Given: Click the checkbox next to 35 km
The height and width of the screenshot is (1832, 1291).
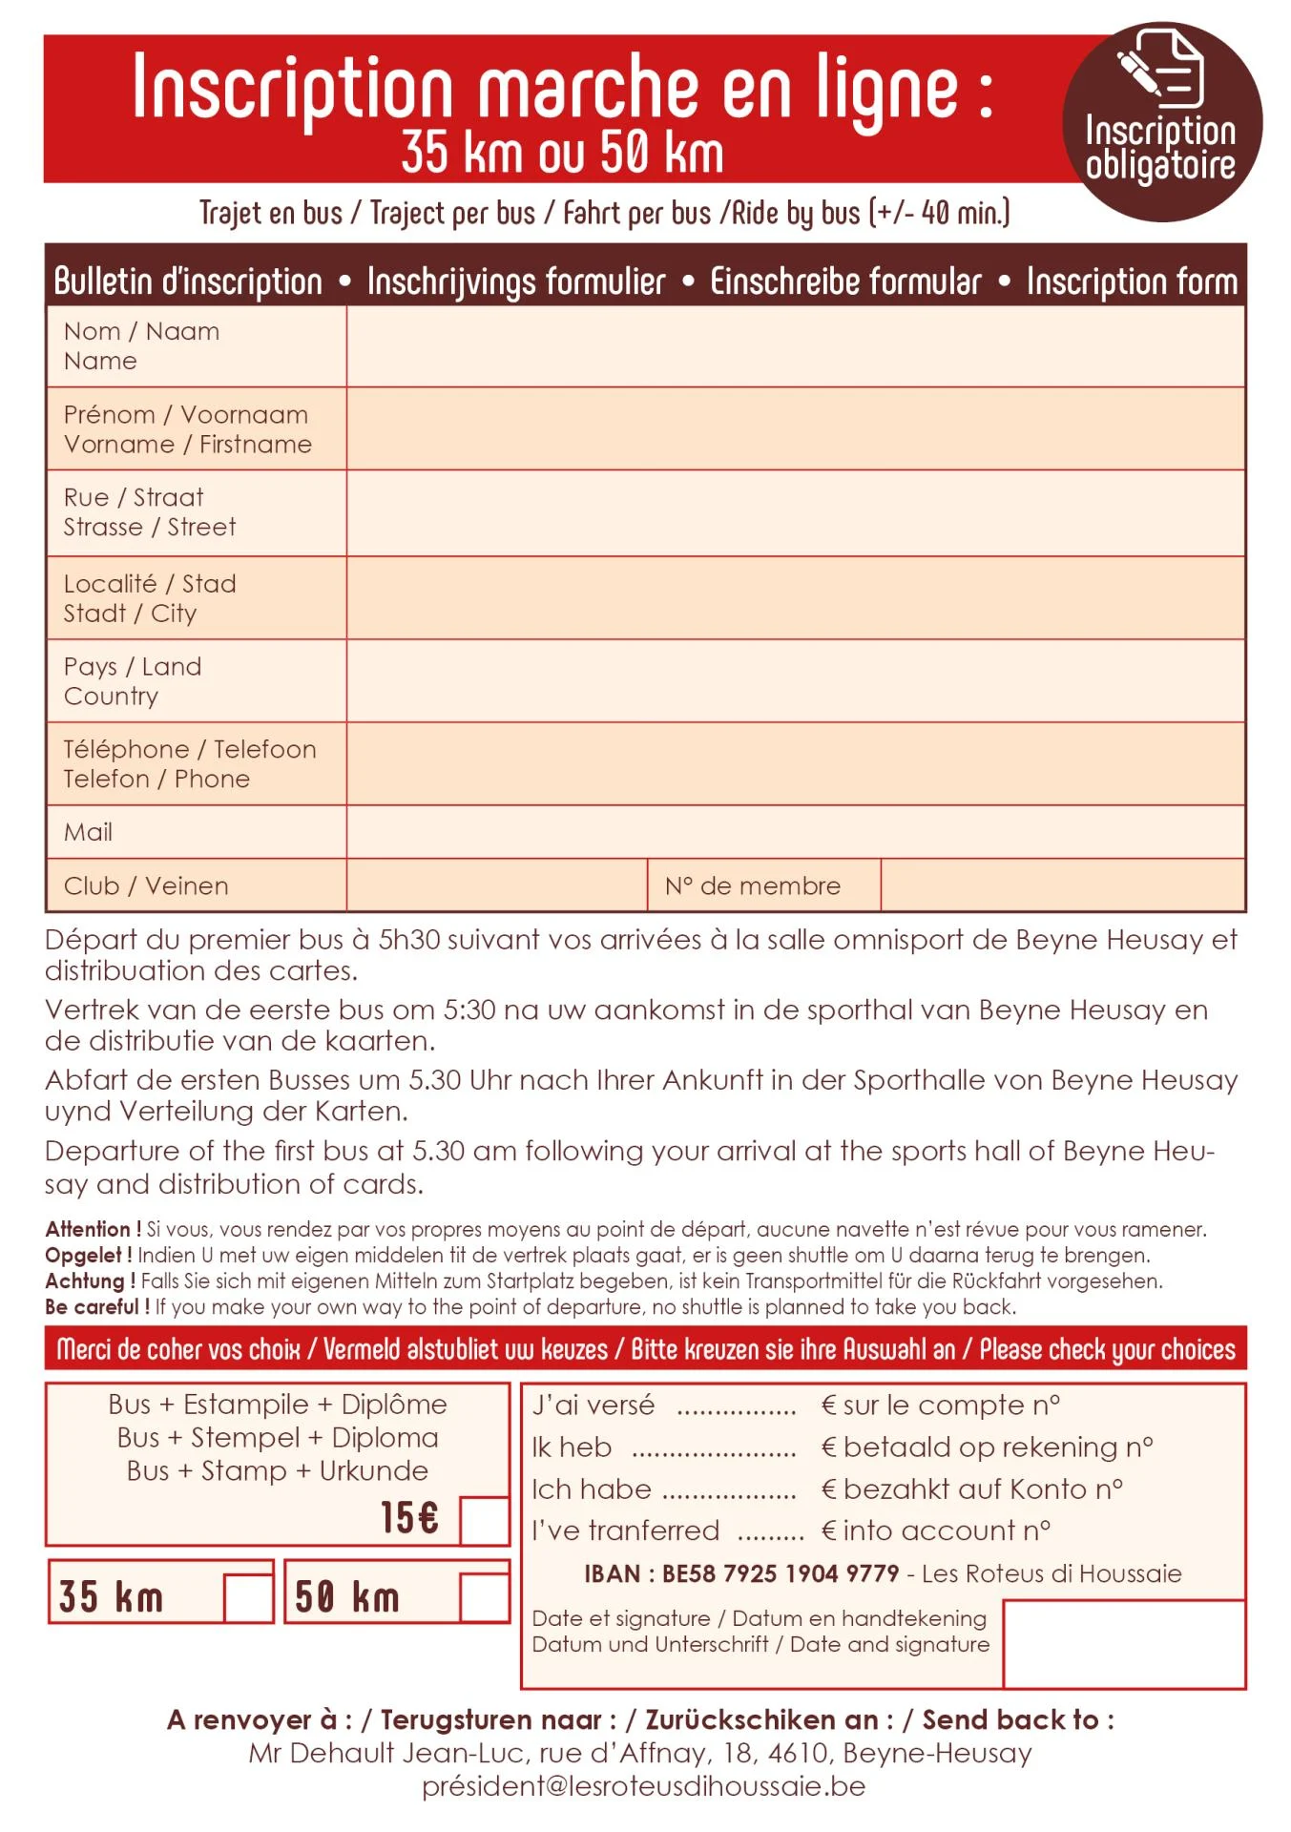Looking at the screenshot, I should pyautogui.click(x=248, y=1597).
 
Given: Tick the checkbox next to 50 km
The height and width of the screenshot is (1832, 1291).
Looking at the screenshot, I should pyautogui.click(x=484, y=1597).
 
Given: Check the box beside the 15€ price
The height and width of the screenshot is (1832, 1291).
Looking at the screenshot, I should pyautogui.click(x=484, y=1520).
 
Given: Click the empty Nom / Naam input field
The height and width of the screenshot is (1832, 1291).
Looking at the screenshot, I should pyautogui.click(x=795, y=345).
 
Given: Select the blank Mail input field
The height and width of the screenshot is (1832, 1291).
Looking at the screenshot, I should pyautogui.click(x=795, y=832).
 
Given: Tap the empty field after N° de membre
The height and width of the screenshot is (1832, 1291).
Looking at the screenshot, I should pyautogui.click(x=1062, y=885).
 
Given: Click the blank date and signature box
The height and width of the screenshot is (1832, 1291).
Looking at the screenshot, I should pyautogui.click(x=1124, y=1643).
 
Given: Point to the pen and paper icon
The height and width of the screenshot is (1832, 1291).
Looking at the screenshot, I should pyautogui.click(x=1160, y=67).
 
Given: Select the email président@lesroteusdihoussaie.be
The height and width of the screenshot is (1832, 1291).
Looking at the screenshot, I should pyautogui.click(x=643, y=1786).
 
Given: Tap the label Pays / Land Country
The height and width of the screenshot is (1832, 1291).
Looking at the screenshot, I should pyautogui.click(x=133, y=681).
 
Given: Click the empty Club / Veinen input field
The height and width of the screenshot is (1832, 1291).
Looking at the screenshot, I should pyautogui.click(x=496, y=885).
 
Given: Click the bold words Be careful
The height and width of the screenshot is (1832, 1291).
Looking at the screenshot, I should pyautogui.click(x=96, y=1306).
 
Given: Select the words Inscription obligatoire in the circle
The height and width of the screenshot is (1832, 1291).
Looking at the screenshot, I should pyautogui.click(x=1160, y=148).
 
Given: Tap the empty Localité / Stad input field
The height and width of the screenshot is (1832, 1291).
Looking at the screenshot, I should pyautogui.click(x=795, y=598).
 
